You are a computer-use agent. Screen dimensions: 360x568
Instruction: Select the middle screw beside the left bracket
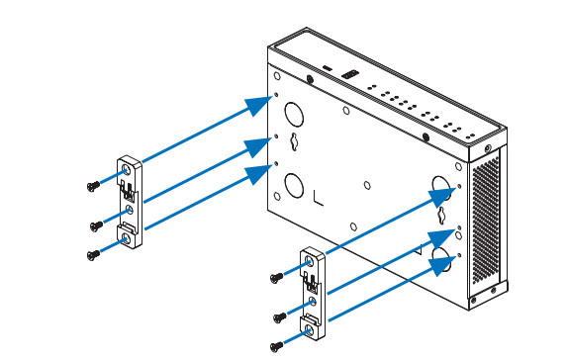(x=94, y=224)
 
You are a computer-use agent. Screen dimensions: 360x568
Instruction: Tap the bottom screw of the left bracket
(x=93, y=253)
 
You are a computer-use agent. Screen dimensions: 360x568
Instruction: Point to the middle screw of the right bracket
(x=279, y=316)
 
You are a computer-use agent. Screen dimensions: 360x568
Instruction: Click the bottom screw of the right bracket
(x=277, y=345)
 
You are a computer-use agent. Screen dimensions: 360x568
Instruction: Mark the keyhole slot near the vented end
(x=441, y=212)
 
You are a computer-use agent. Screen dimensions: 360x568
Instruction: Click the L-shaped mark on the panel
(x=318, y=196)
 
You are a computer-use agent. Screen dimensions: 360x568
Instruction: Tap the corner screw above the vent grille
(x=489, y=150)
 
